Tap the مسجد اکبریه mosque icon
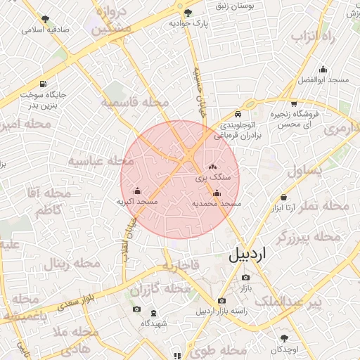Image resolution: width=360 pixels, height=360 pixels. coord(137,191)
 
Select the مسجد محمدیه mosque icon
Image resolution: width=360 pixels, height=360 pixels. coord(217,193)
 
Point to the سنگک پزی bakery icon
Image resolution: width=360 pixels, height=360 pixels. coord(213,167)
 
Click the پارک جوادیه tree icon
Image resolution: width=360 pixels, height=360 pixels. coord(187,13)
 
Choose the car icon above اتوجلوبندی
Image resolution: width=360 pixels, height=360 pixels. coord(238,114)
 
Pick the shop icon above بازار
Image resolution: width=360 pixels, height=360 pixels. coord(246,278)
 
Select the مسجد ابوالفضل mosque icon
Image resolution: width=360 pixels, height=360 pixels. coord(323,69)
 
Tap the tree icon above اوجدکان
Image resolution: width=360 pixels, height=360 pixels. coord(284,338)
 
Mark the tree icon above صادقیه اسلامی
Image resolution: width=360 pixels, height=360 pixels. coord(46,19)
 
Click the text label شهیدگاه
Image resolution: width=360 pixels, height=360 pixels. coord(153,323)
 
